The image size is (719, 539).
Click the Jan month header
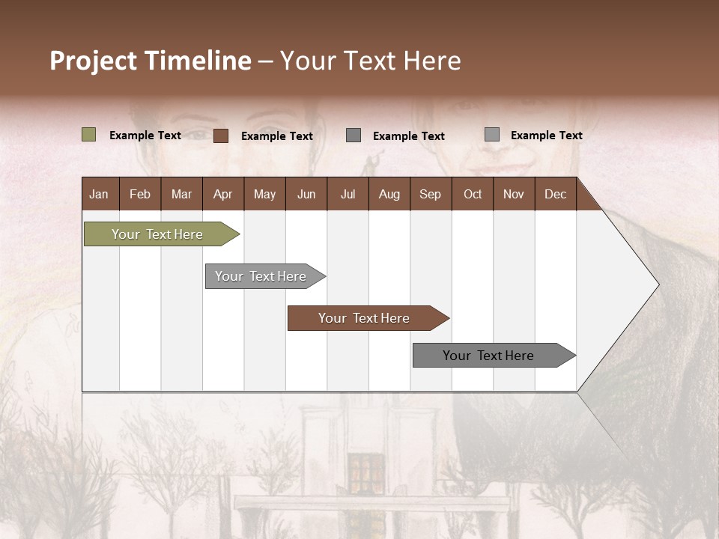click(x=99, y=194)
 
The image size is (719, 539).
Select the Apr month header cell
click(x=222, y=194)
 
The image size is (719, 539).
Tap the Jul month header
click(x=348, y=194)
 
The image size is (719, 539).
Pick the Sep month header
click(x=430, y=194)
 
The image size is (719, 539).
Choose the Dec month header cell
click(x=555, y=194)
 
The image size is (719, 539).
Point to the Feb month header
click(x=140, y=194)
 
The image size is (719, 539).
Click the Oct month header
click(x=472, y=194)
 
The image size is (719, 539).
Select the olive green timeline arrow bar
click(x=158, y=234)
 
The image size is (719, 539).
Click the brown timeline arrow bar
click(x=365, y=318)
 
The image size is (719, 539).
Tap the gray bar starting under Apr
click(x=261, y=276)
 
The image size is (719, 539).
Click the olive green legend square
click(x=88, y=135)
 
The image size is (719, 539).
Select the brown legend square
click(x=220, y=135)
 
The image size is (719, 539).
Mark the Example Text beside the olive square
click(x=145, y=135)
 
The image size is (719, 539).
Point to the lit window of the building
click(x=365, y=473)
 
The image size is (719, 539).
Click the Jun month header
click(x=306, y=194)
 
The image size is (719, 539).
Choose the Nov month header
click(x=513, y=194)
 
